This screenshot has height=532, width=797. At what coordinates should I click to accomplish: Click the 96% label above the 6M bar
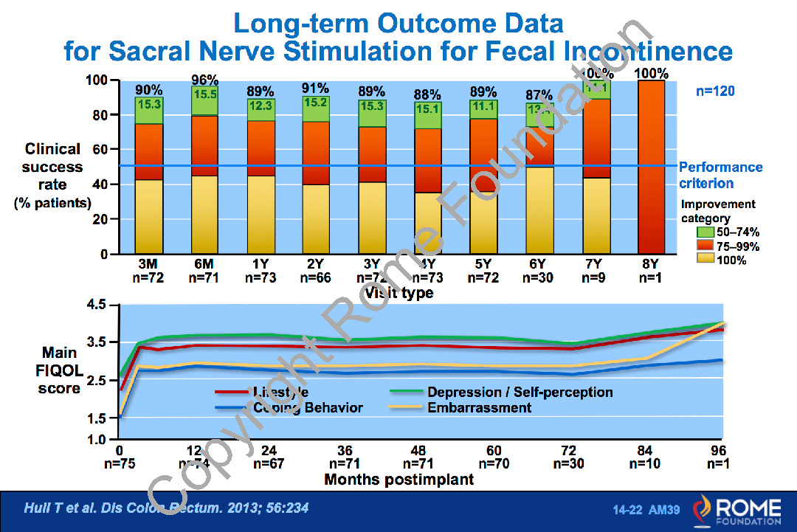[x=205, y=80]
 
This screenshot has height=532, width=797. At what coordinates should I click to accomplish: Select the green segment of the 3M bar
[x=148, y=110]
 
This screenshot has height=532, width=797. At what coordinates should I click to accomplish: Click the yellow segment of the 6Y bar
[x=539, y=210]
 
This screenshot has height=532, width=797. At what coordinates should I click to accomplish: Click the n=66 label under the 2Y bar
[x=317, y=278]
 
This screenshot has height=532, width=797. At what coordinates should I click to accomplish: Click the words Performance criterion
[x=720, y=175]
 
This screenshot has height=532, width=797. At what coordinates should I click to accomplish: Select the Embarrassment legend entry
[x=480, y=407]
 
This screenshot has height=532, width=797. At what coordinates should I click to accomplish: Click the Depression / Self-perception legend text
[x=520, y=392]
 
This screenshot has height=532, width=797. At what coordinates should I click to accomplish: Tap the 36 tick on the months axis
[x=345, y=451]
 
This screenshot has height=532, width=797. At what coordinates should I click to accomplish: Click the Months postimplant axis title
[x=399, y=479]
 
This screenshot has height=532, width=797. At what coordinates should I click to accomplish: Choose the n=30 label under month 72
[x=570, y=463]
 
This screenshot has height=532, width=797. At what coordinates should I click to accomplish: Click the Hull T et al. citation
[x=166, y=508]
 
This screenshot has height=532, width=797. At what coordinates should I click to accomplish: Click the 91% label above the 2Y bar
[x=317, y=88]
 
